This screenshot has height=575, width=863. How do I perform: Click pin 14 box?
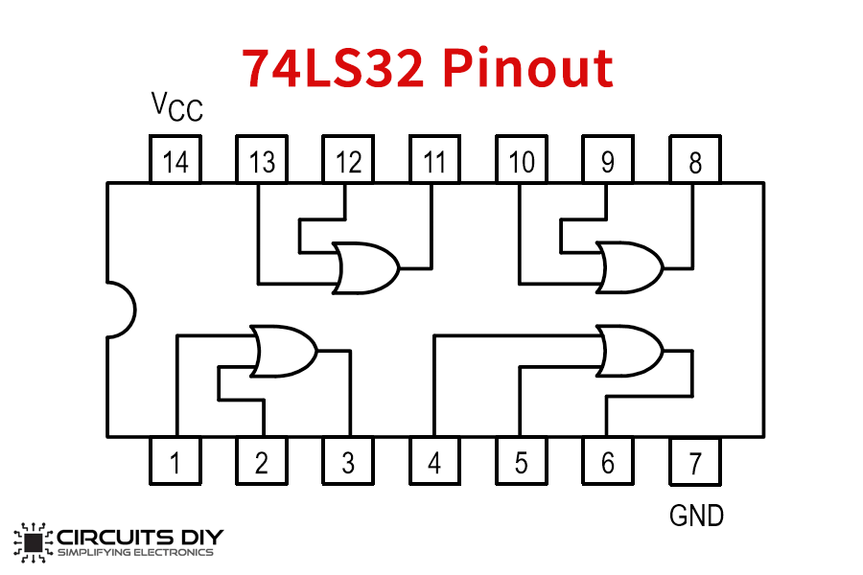pos(175,160)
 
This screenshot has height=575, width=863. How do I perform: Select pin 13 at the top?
pos(262,160)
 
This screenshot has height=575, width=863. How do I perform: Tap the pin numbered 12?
pos(348,160)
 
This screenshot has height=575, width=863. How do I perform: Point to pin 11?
pos(434,160)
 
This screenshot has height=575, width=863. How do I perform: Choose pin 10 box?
pos(522,160)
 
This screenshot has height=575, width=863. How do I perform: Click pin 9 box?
pos(608,160)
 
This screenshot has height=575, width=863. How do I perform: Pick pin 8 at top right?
pos(694,160)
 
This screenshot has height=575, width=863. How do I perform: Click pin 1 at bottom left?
pos(175,461)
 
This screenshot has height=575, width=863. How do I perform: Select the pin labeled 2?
pos(262,461)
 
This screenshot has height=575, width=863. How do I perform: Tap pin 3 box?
pos(348,461)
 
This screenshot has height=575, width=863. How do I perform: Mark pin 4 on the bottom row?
pos(434,461)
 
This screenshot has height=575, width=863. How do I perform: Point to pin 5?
pos(522,461)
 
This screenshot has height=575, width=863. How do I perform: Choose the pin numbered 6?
pos(608,461)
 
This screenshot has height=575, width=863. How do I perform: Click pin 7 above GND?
pos(694,461)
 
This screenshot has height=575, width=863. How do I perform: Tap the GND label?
pos(696,516)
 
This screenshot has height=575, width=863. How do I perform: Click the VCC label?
pos(177,106)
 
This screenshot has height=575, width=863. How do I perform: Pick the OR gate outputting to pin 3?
pos(283,351)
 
